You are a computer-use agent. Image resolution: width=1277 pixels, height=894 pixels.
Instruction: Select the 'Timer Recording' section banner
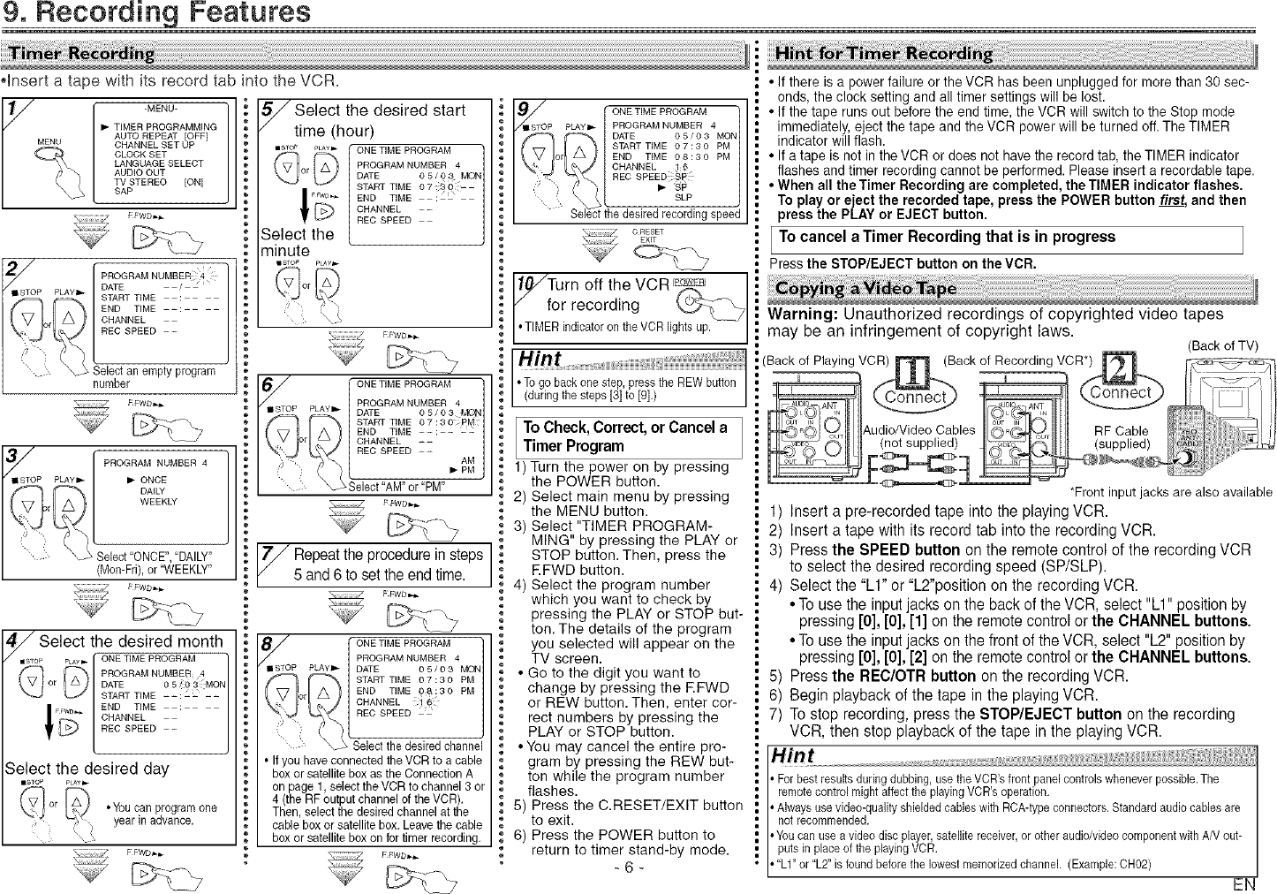(x=82, y=53)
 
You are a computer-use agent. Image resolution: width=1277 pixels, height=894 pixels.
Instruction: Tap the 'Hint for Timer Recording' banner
(x=883, y=54)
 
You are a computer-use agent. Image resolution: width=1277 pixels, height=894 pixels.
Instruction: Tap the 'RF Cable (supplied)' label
(x=1121, y=437)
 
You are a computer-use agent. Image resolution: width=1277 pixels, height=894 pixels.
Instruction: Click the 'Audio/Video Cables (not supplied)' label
(x=918, y=436)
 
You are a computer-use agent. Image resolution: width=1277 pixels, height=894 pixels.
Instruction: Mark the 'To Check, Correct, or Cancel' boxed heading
(x=624, y=436)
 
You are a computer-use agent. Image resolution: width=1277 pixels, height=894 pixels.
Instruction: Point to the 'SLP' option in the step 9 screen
(x=683, y=198)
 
